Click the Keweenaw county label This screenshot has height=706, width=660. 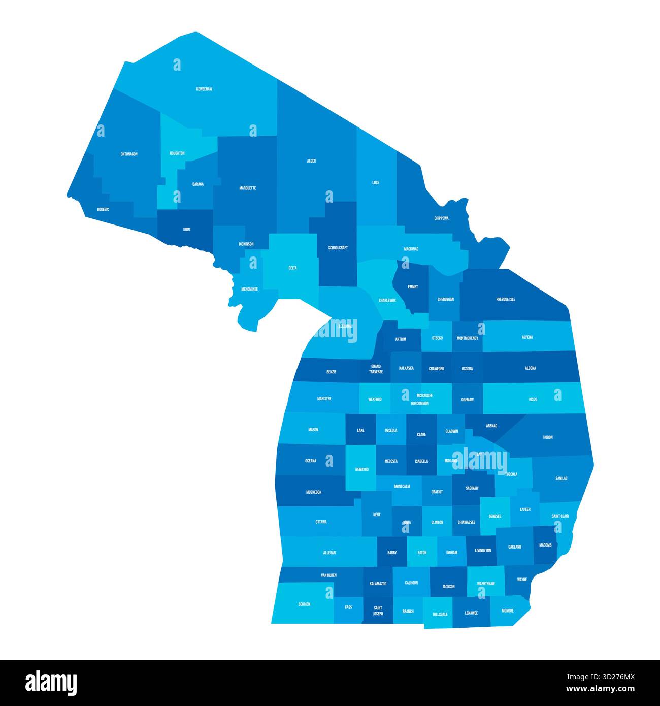(x=204, y=89)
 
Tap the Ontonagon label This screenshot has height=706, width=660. (x=129, y=154)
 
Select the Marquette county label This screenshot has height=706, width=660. (x=248, y=188)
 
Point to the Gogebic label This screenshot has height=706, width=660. (x=103, y=209)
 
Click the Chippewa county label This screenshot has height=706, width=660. (x=441, y=219)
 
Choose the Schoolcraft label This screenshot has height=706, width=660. (x=338, y=248)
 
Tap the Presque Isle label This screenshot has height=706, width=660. (x=506, y=300)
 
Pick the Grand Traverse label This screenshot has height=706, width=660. (x=376, y=369)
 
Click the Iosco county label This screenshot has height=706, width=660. (x=533, y=399)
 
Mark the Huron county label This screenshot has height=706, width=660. (x=548, y=437)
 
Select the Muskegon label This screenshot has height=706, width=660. (x=314, y=492)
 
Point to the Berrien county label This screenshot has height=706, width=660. (x=304, y=604)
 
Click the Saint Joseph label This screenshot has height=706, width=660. (x=378, y=611)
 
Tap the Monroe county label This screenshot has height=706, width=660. (x=507, y=611)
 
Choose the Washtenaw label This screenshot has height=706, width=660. (x=486, y=584)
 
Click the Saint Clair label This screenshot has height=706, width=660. (x=560, y=516)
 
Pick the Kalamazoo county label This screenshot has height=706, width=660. (x=378, y=584)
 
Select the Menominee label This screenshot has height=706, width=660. (x=249, y=290)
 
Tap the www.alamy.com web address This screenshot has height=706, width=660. (x=600, y=689)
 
